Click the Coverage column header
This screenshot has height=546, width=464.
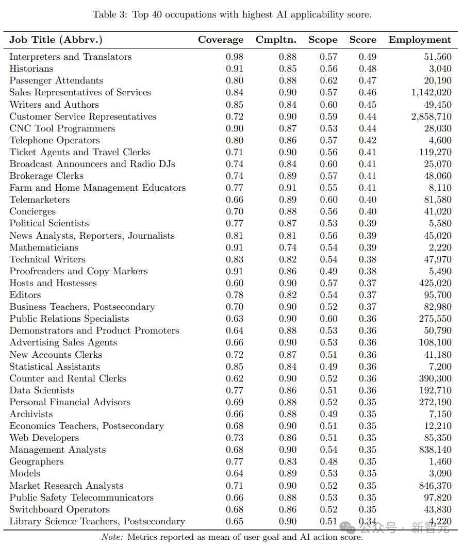[x=221, y=40]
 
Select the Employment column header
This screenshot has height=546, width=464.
[x=420, y=40]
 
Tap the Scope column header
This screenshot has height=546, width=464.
[x=323, y=40]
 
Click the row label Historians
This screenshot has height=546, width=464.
[x=31, y=69]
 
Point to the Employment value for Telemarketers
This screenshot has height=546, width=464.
[x=437, y=200]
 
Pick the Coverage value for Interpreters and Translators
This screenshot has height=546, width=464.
[x=235, y=57]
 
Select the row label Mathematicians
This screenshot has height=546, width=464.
[x=44, y=247]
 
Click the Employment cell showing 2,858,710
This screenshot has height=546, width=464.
[x=431, y=117]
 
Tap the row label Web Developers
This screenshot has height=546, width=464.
[x=44, y=438]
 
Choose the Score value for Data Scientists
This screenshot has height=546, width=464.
[x=368, y=390]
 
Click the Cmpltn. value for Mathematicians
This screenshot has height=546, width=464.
[x=288, y=247]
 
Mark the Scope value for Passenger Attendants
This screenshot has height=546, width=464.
[x=328, y=80]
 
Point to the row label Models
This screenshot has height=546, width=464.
[x=24, y=473]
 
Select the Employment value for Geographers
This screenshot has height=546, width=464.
[x=440, y=461]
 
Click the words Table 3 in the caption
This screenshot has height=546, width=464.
[x=109, y=14]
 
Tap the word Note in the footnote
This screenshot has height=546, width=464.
[x=112, y=537]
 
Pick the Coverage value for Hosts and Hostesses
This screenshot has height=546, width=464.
[x=235, y=283]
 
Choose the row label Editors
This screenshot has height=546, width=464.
[x=25, y=295]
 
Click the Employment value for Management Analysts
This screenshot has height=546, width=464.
[x=435, y=450]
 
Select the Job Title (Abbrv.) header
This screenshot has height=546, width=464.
[x=56, y=40]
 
